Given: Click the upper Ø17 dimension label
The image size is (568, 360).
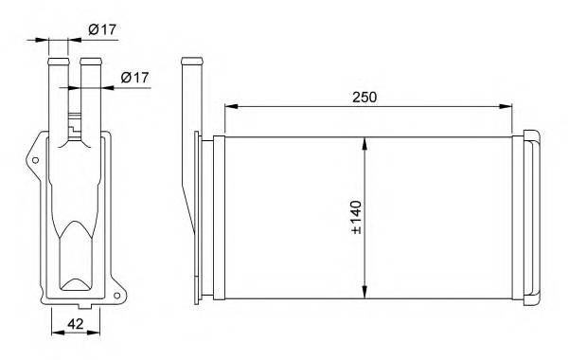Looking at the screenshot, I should tap(102, 29).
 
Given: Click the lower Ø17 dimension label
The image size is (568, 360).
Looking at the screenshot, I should tap(135, 78).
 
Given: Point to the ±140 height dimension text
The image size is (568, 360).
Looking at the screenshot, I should tap(356, 218).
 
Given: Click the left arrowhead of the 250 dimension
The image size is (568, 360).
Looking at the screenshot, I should tap(227, 106).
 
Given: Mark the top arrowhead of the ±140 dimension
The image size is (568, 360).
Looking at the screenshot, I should tap(365, 140).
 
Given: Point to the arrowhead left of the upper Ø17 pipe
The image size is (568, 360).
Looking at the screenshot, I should tap(44, 40).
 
